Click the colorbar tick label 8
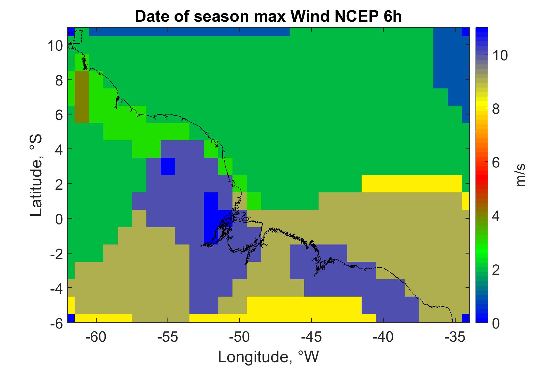click(496, 109)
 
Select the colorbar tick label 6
click(496, 163)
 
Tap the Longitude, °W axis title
click(268, 357)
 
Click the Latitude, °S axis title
click(36, 176)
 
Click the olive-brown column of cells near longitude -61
click(82, 97)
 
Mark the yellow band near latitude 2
click(412, 184)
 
